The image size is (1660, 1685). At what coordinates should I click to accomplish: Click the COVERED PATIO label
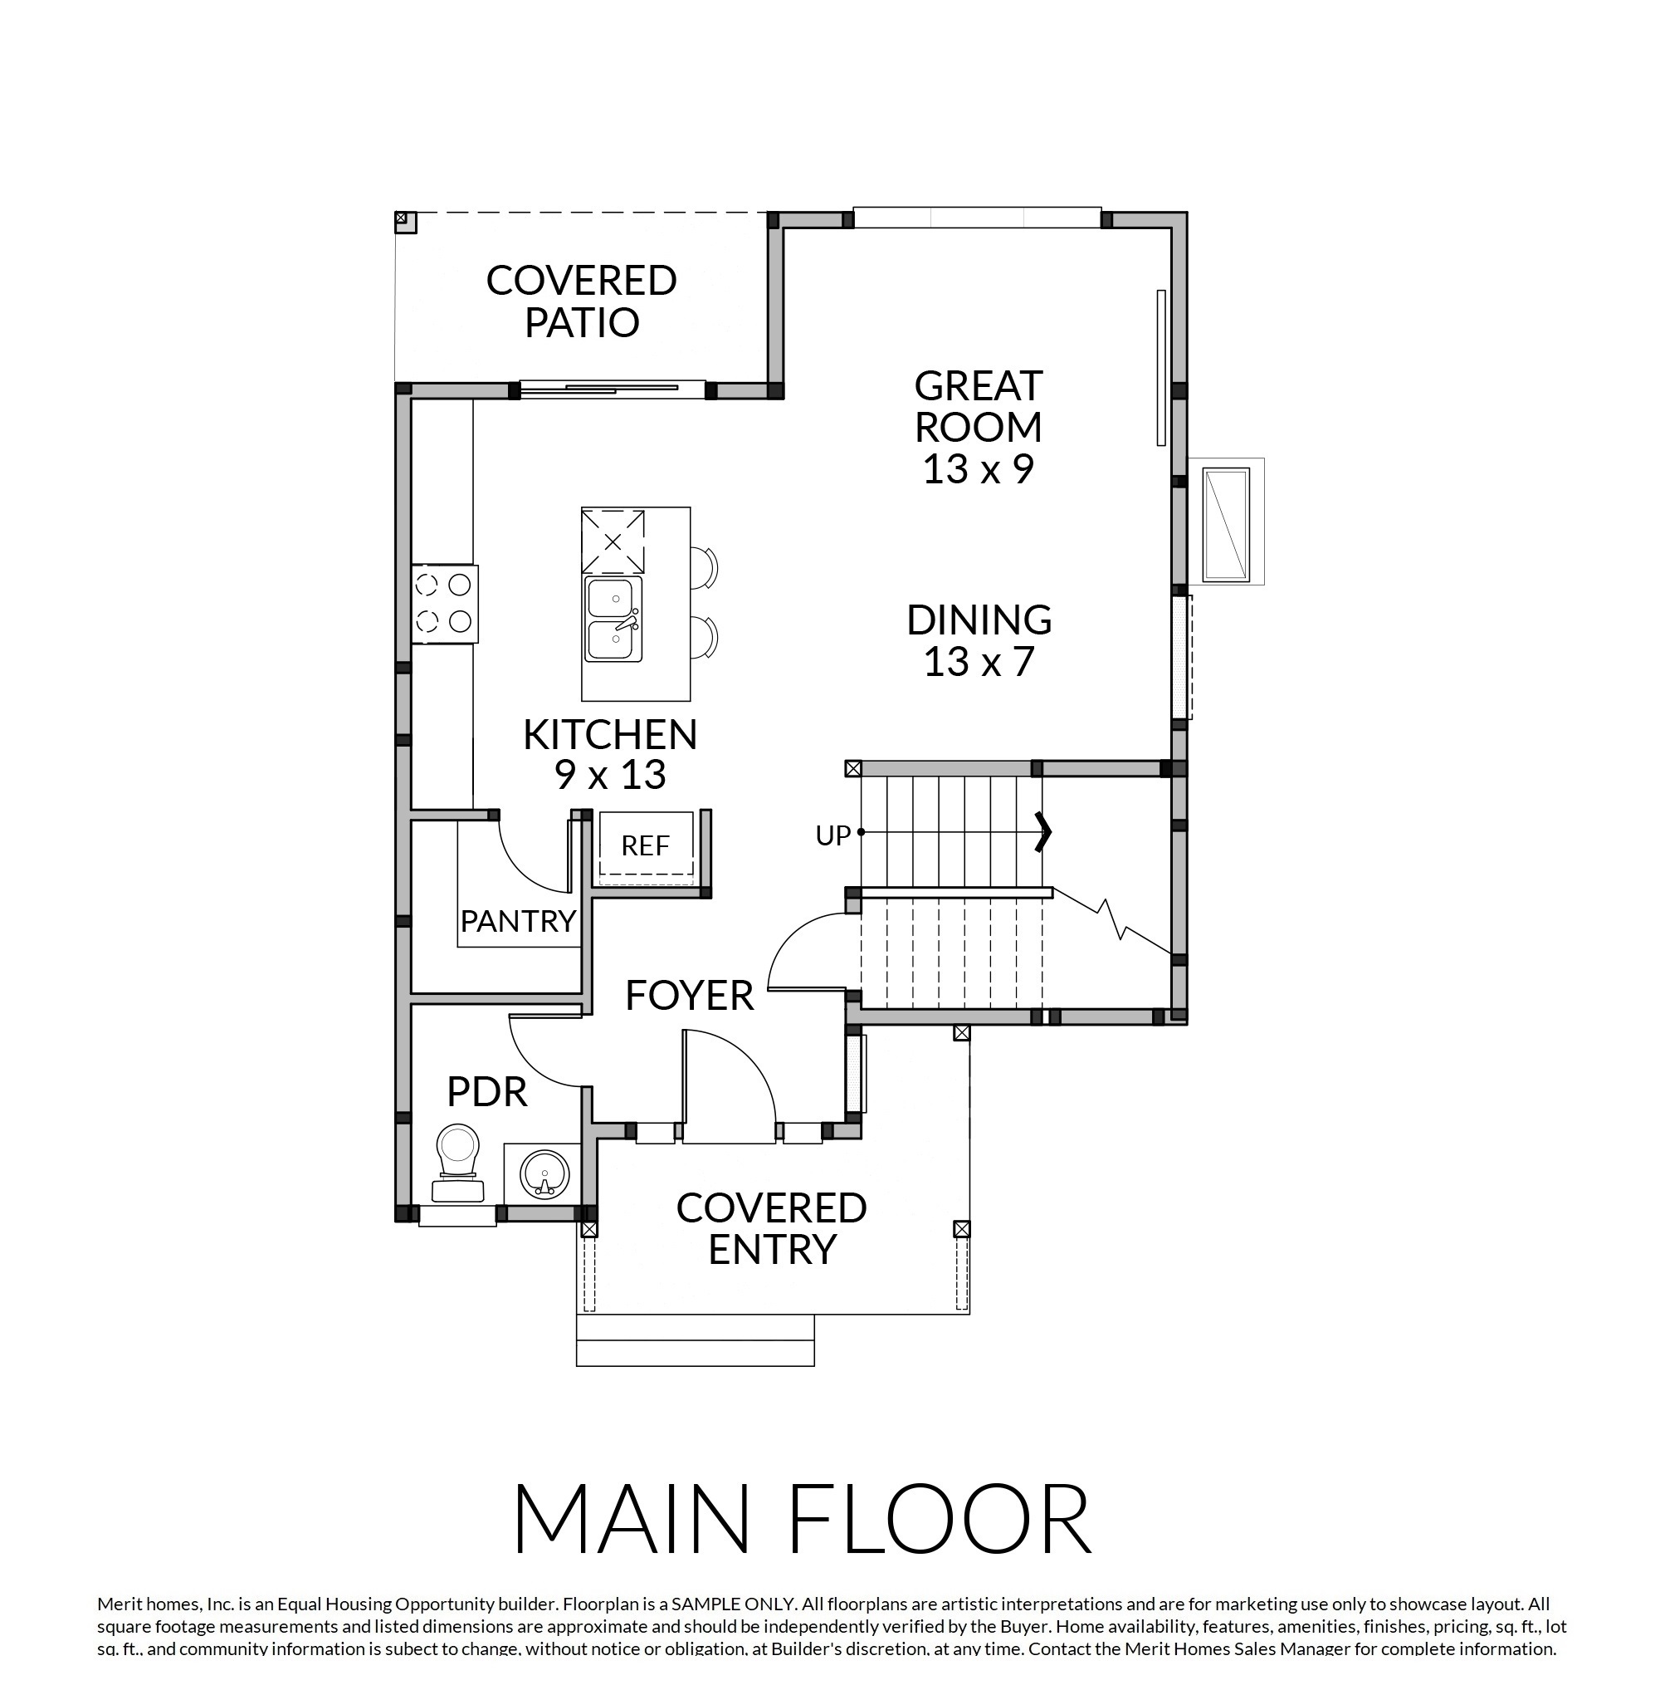[582, 301]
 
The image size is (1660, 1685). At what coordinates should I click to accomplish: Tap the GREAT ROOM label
[979, 405]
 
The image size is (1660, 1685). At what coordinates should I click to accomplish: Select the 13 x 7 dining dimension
[979, 661]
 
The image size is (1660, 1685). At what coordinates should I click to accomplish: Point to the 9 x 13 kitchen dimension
[610, 775]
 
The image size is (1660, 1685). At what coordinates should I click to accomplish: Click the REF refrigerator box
[646, 846]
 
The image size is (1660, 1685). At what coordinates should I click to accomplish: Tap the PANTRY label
[519, 921]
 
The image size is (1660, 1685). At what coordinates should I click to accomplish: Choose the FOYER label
[690, 996]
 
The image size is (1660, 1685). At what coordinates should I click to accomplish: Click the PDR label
[487, 1092]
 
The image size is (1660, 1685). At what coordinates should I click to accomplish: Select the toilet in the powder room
[459, 1163]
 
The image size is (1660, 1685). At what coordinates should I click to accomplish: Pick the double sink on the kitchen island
[613, 619]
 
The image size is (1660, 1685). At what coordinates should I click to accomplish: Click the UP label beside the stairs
[832, 835]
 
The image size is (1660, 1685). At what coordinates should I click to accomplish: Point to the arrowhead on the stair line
[1043, 832]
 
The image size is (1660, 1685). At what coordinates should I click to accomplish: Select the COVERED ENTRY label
[772, 1229]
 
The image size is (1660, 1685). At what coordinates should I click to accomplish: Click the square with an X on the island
[613, 541]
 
